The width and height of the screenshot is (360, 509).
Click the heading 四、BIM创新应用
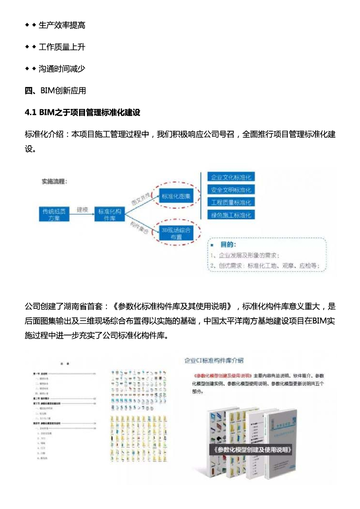pos(55,90)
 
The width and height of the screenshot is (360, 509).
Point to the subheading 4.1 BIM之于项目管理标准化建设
pos(82,113)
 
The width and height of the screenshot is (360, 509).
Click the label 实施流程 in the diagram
pos(54,181)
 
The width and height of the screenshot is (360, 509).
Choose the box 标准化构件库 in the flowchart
pos(109,214)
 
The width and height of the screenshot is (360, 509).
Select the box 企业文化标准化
pos(231,177)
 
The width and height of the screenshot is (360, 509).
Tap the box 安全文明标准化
pos(231,190)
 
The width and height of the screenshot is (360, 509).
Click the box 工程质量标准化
pos(231,202)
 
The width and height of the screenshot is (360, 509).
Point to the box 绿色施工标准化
pos(231,215)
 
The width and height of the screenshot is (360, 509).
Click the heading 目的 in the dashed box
pos(228,245)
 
